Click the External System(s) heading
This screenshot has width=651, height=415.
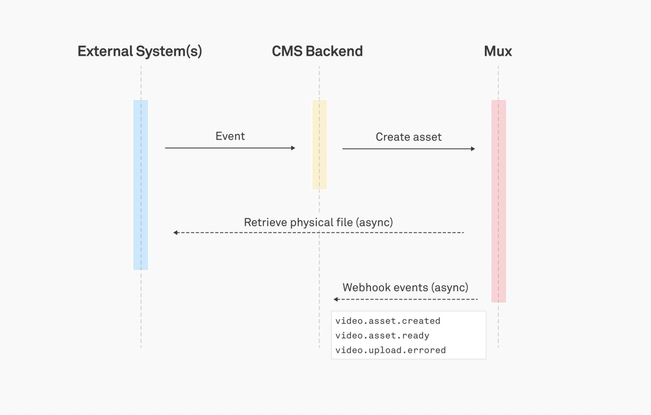[x=140, y=51]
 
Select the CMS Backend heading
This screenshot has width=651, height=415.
[x=317, y=51]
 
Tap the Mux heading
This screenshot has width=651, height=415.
[x=498, y=51]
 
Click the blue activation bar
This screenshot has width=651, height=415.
[x=141, y=185]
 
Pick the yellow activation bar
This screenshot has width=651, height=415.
[x=319, y=144]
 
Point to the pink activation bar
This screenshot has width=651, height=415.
[x=498, y=201]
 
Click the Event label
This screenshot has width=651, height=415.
[x=230, y=136]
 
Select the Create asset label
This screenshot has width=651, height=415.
[x=408, y=137]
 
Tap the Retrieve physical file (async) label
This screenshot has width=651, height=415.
[x=318, y=223]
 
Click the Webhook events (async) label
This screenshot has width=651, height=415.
[x=405, y=288]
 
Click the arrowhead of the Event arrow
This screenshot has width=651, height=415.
[x=293, y=148]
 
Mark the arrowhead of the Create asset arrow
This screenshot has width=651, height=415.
[x=473, y=149]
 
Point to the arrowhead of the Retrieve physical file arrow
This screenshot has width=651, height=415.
[x=176, y=233]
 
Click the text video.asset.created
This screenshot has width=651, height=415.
[x=387, y=321]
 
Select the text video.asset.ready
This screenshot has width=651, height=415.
[x=382, y=336]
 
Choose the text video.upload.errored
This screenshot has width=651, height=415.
[x=390, y=350]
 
